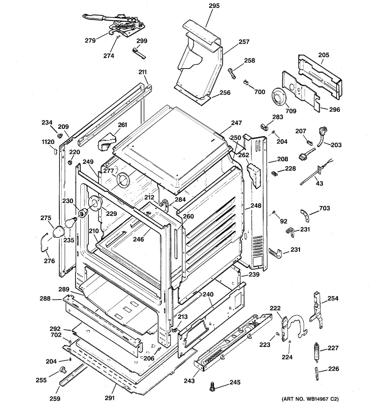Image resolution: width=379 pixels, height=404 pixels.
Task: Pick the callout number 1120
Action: coord(48,142)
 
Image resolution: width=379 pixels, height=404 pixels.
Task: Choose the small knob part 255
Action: coord(62,370)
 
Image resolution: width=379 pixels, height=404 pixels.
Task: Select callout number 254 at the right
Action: coord(333,298)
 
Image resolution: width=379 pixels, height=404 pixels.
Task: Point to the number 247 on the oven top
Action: coord(236,123)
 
